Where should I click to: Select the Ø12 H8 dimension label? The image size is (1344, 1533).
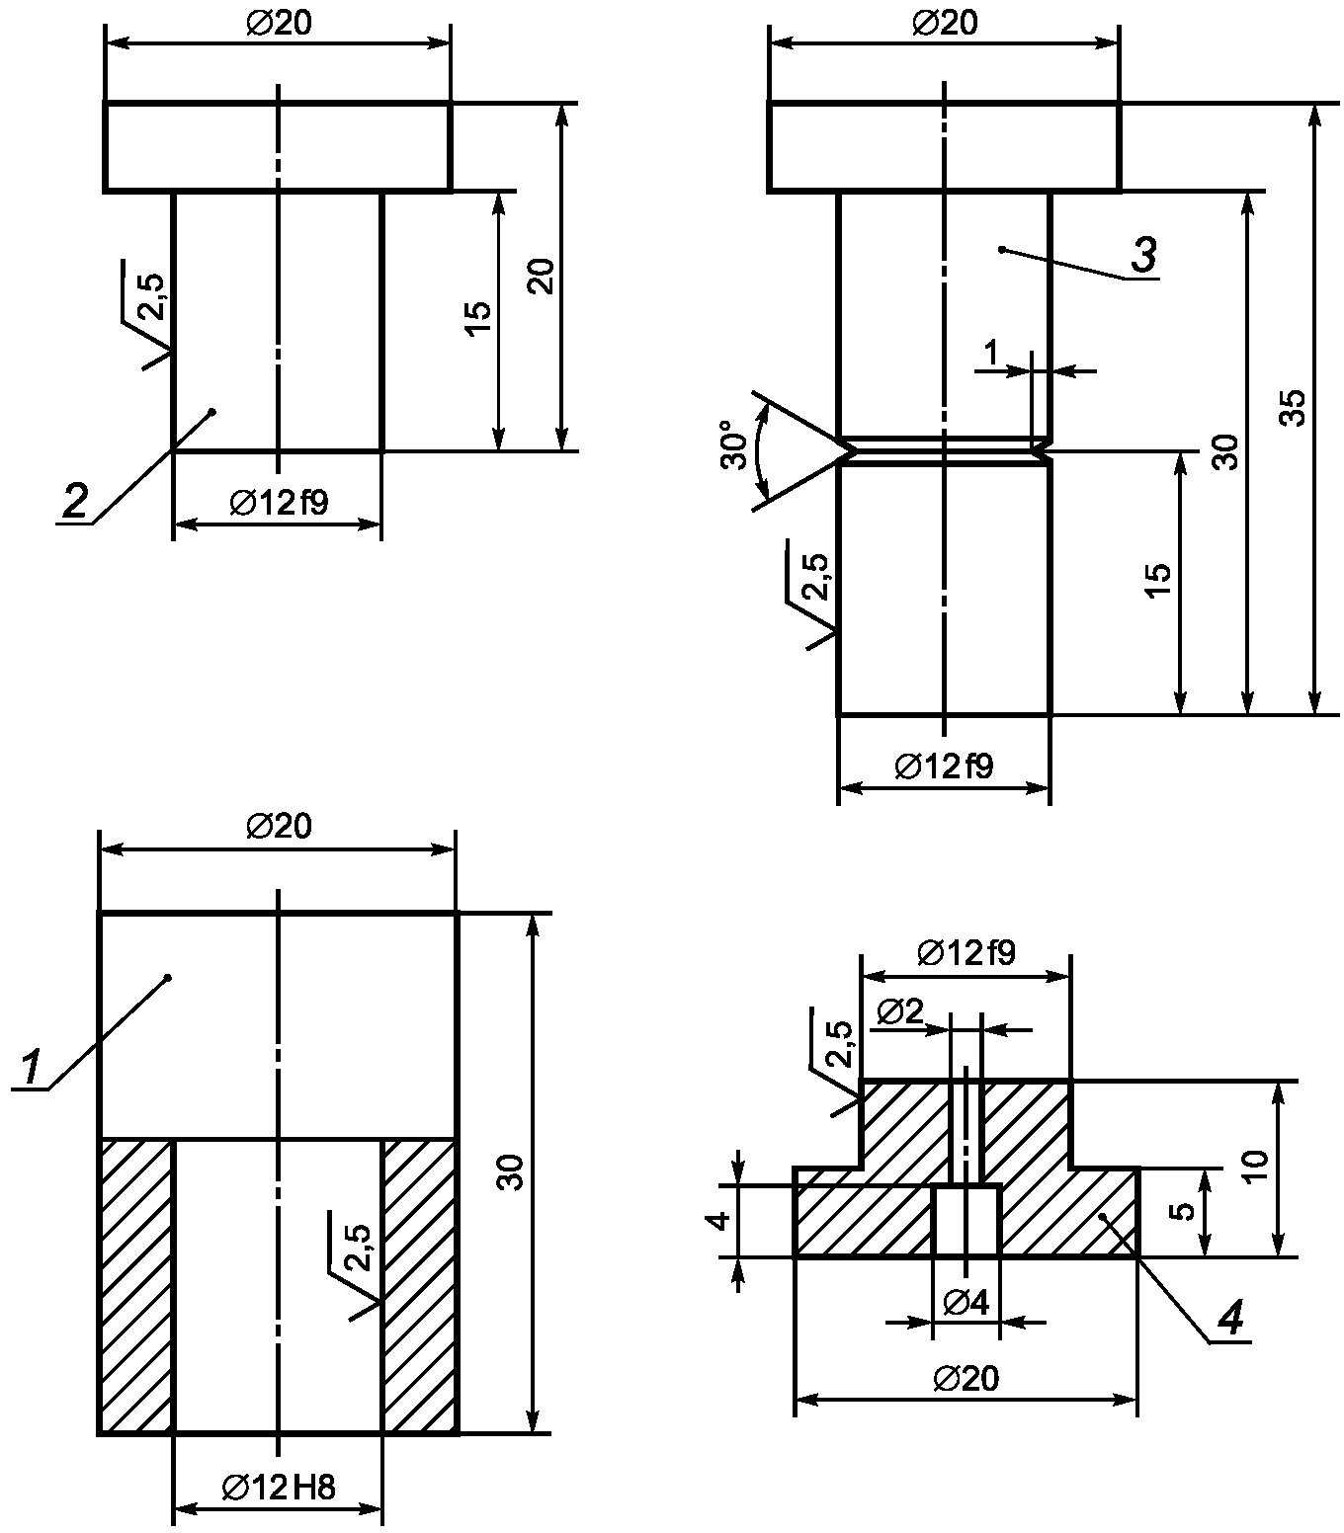click(280, 1487)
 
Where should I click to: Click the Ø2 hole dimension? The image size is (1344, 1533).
click(899, 1010)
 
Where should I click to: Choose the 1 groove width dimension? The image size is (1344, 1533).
click(990, 352)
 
